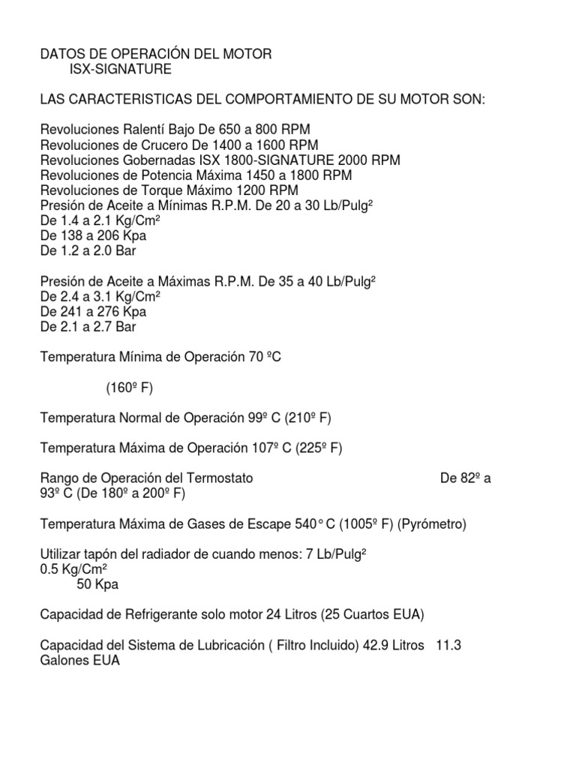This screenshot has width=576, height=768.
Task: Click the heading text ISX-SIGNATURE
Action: [120, 70]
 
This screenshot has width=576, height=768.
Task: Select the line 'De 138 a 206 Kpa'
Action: [94, 235]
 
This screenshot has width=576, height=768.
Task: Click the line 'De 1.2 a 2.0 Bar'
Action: [88, 250]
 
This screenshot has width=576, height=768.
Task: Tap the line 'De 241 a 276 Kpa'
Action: [94, 311]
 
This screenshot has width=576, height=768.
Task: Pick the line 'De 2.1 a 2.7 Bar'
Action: [88, 326]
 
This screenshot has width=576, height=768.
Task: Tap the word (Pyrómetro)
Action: [431, 524]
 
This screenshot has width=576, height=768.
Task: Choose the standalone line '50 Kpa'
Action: [98, 584]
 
